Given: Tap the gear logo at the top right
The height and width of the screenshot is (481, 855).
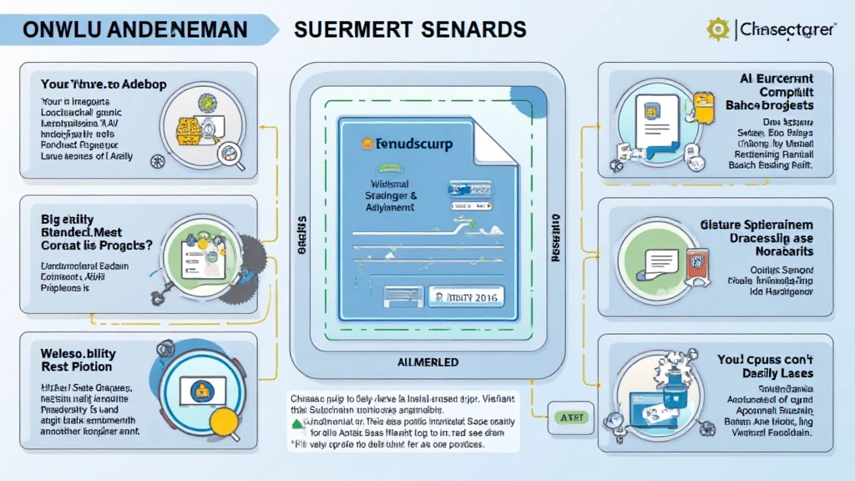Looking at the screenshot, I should point(717,29).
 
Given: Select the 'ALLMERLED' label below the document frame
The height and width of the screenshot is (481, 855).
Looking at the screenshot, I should point(427,362).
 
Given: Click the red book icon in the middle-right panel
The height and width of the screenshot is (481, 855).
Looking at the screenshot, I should point(698,260).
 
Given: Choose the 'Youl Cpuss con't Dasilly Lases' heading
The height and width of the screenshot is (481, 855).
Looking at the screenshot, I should point(766,366).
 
